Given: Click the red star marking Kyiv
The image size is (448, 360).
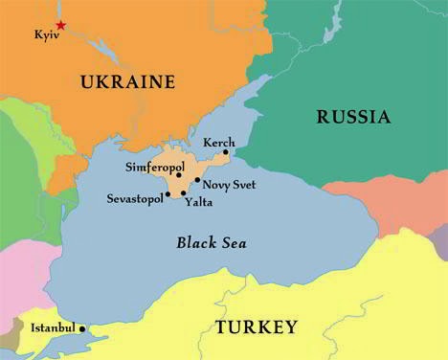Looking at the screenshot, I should coord(61,25).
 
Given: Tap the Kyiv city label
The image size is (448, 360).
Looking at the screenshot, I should coord(47,35).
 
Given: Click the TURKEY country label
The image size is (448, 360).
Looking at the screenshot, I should coord(256,327).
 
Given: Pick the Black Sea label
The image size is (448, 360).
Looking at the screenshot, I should coord(212,243).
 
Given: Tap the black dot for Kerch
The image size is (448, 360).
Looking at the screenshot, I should coord(227,151).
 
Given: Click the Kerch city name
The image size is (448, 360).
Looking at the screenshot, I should coord(219,142).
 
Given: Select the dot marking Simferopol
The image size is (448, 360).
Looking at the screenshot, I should coord(179,175).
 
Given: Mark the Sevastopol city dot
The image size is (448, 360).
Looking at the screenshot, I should coord(168,194).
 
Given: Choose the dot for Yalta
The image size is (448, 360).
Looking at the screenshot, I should coord(184,193).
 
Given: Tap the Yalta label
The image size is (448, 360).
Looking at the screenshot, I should coord(198,203).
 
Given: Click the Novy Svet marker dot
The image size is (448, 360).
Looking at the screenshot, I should coord(197,180).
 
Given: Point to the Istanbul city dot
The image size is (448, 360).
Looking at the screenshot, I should coord(82,328).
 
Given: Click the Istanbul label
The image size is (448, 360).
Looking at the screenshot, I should coord(53,328).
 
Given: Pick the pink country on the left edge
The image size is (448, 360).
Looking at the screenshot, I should coord(19,268).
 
